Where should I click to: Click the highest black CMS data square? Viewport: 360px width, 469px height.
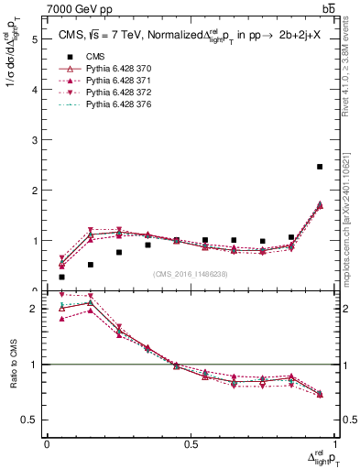[x=320, y=167]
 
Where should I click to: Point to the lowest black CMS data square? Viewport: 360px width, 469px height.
[x=61, y=277]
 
